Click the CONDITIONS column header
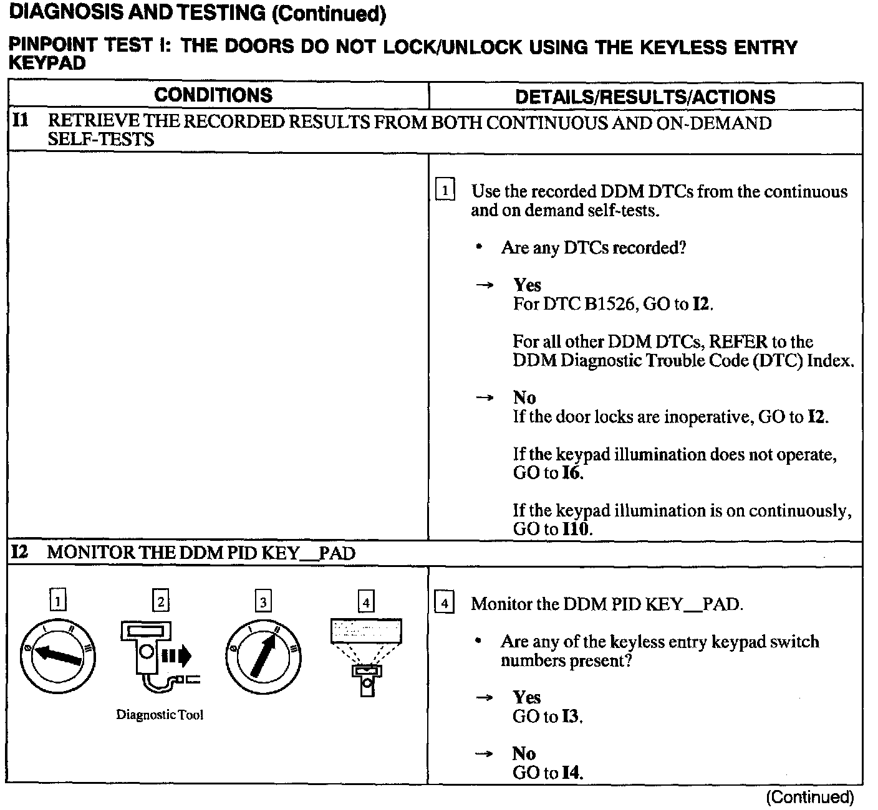tap(213, 95)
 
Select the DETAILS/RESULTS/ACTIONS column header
tap(645, 97)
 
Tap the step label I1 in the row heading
tap(21, 120)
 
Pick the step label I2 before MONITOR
tap(21, 552)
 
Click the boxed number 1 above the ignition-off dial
tap(57, 601)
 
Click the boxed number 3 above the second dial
tap(263, 601)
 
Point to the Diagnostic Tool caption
tap(160, 715)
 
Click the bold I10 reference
tap(576, 530)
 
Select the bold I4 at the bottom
tap(571, 773)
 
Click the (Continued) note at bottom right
tap(809, 797)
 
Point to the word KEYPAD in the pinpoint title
tap(47, 64)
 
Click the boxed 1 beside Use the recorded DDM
tap(445, 189)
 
